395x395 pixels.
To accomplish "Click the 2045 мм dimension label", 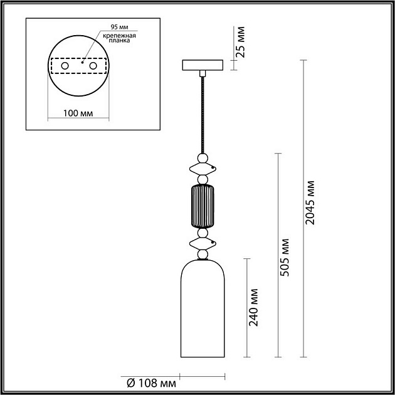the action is point(310,203).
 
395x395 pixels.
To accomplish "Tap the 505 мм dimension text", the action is point(285,257).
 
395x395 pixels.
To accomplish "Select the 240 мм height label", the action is point(254,308).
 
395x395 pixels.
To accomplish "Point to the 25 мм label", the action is point(241,42).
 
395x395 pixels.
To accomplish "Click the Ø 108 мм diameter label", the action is point(151,384).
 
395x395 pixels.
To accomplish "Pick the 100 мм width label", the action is point(78,113).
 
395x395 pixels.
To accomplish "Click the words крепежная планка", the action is point(119,38).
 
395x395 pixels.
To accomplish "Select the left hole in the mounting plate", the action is point(65,66).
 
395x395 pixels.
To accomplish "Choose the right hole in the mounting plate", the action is point(93,66).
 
